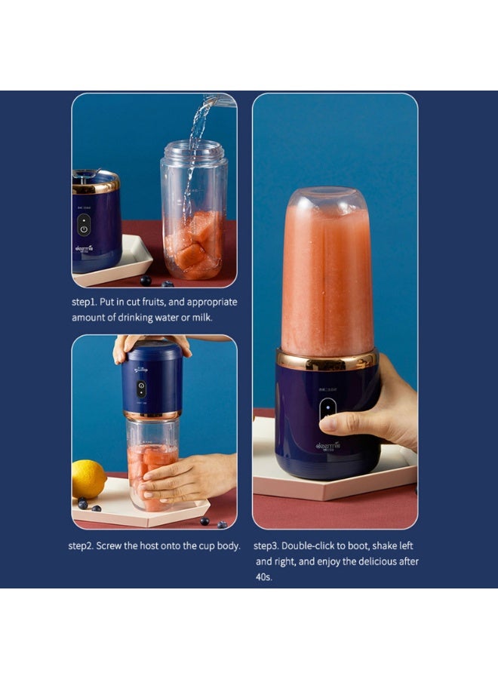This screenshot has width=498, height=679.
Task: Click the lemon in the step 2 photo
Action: click(89, 478)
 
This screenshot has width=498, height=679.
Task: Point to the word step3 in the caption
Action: click(268, 545)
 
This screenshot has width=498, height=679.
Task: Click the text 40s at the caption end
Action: click(263, 577)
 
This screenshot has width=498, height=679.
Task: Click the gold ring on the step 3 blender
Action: click(326, 358)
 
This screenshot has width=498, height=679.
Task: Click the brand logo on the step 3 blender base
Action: click(330, 446)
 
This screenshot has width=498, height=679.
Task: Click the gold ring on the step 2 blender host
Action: click(152, 416)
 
